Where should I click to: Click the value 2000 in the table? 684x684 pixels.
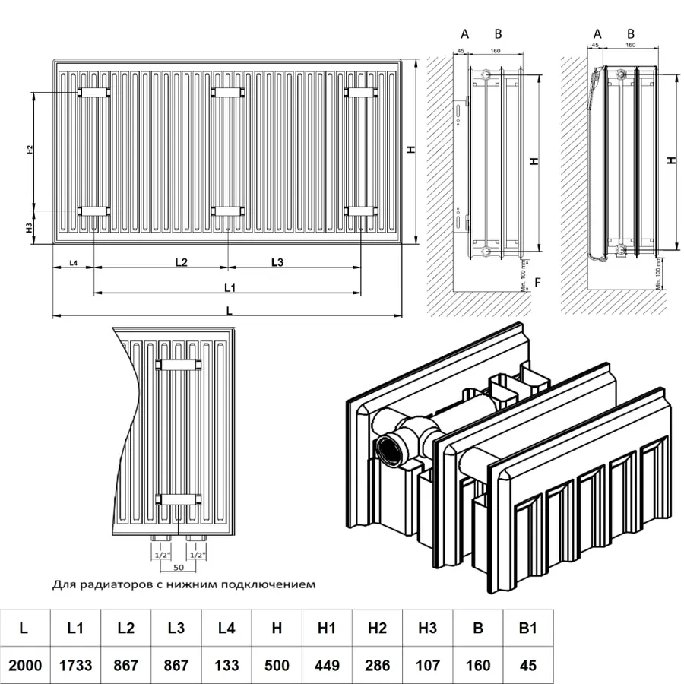click(25, 666)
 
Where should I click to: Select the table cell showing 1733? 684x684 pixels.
click(75, 666)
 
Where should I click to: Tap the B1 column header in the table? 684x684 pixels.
click(528, 628)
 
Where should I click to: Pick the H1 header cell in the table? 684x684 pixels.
click(327, 628)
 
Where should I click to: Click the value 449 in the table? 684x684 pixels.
click(327, 666)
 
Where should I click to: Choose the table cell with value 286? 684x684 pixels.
click(377, 666)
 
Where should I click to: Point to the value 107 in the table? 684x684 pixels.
click(427, 666)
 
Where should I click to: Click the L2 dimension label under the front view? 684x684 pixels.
click(181, 262)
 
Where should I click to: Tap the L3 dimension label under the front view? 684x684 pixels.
click(277, 262)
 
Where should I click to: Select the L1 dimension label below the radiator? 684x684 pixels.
click(229, 287)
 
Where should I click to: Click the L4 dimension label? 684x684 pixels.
click(74, 263)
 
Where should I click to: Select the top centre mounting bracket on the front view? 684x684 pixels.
click(227, 92)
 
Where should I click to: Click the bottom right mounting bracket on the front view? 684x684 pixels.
click(361, 211)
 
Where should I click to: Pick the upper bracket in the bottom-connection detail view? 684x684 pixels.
click(178, 365)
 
